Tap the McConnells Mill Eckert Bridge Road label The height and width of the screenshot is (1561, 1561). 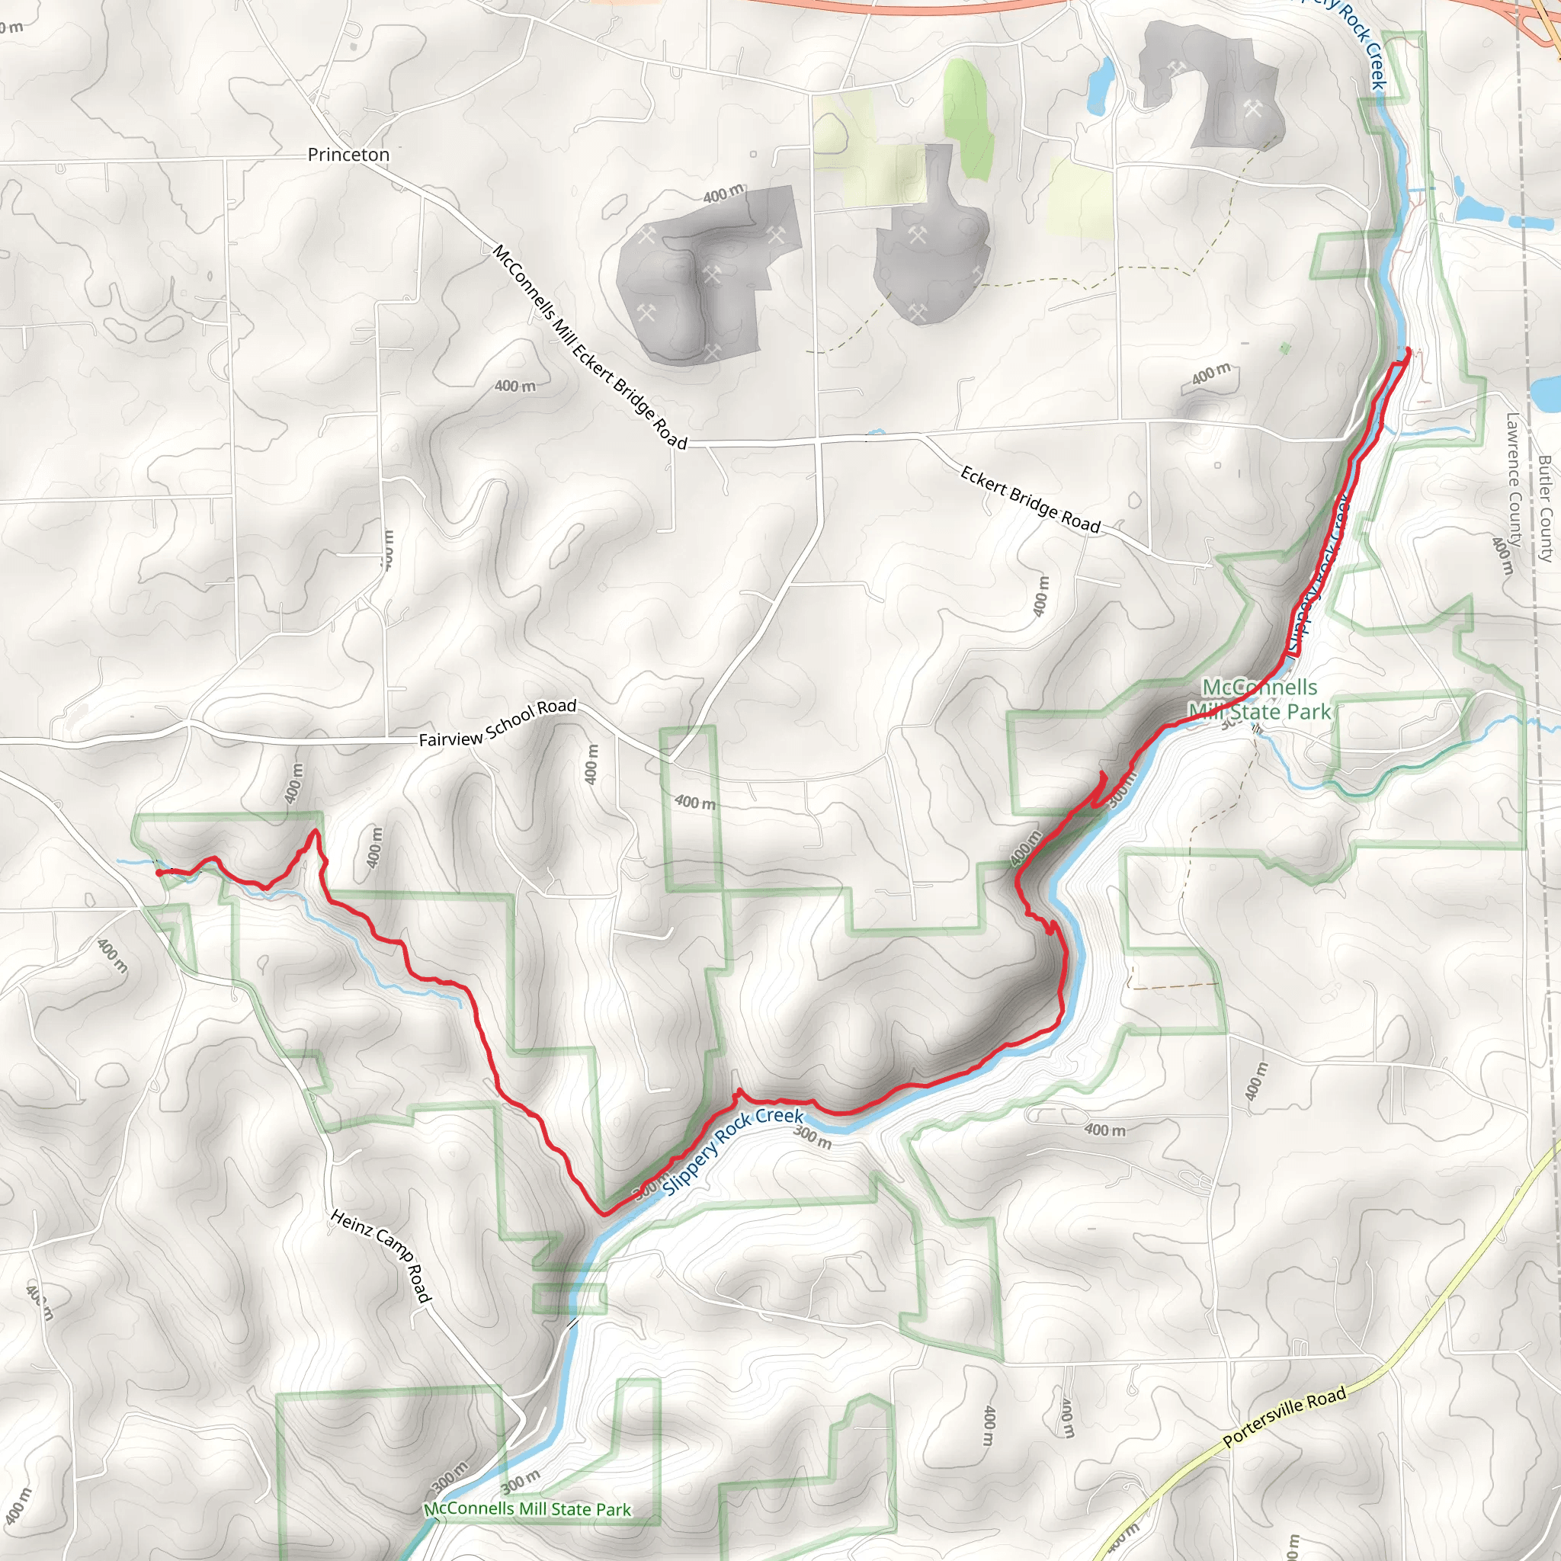tap(590, 348)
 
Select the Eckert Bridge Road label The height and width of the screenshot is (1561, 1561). tap(1031, 499)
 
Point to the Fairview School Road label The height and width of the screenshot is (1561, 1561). tap(498, 723)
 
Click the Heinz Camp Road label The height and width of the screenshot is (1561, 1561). tap(380, 1255)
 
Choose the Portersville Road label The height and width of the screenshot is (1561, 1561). tap(1284, 1415)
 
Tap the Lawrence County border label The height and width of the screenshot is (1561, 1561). tap(1512, 480)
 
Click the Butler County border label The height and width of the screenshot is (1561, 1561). tap(1545, 509)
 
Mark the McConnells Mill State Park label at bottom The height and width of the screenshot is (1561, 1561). tap(527, 1509)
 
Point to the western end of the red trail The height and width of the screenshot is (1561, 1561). tap(159, 873)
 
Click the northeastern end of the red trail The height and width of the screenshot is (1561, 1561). tap(1409, 350)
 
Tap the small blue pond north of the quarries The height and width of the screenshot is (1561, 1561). tap(1098, 84)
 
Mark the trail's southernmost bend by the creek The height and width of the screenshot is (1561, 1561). tap(602, 1212)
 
